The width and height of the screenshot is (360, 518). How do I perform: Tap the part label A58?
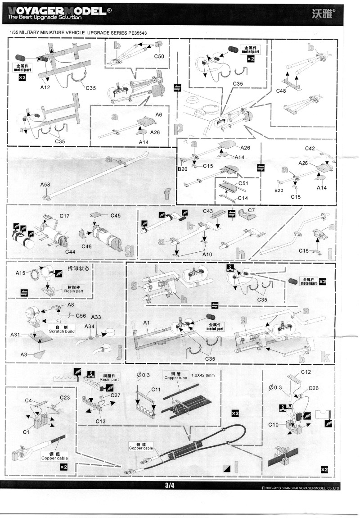(x=45, y=185)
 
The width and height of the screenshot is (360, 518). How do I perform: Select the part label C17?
(x=64, y=216)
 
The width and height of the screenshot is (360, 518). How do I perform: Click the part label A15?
(x=21, y=273)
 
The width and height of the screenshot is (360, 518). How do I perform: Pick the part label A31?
(x=16, y=335)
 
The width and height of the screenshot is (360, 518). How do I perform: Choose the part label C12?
(x=306, y=372)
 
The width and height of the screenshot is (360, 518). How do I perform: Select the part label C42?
(x=310, y=148)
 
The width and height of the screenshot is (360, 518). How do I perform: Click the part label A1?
(x=146, y=323)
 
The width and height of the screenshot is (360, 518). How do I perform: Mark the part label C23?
(x=65, y=397)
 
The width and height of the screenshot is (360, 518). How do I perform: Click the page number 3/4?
(x=170, y=485)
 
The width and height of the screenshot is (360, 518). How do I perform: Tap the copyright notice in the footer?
(x=300, y=488)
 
